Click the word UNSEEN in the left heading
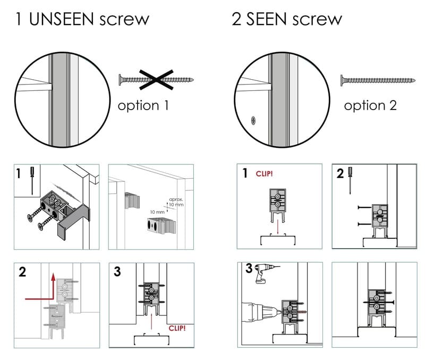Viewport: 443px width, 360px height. pyautogui.click(x=62, y=20)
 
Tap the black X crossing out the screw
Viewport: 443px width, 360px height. pyautogui.click(x=157, y=79)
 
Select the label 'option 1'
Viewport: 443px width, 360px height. pyautogui.click(x=143, y=105)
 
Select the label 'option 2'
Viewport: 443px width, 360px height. pyautogui.click(x=370, y=105)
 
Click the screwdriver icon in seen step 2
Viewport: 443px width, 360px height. pyautogui.click(x=350, y=177)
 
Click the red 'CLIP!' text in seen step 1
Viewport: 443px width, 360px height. pyautogui.click(x=264, y=173)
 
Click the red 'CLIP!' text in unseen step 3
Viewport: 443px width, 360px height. pyautogui.click(x=177, y=328)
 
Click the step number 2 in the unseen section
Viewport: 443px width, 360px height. pyautogui.click(x=22, y=272)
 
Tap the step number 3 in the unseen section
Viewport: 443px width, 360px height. pyautogui.click(x=117, y=271)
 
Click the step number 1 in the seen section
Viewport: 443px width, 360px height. pyautogui.click(x=245, y=173)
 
